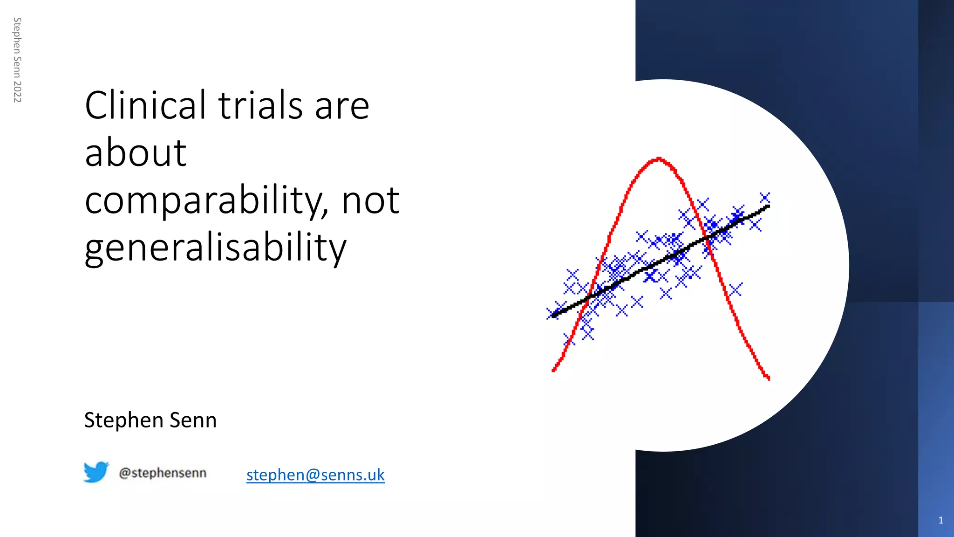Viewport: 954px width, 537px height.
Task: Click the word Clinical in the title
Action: pyautogui.click(x=145, y=105)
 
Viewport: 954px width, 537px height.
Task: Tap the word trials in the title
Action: pyautogui.click(x=261, y=105)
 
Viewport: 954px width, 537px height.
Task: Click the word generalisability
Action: pyautogui.click(x=215, y=248)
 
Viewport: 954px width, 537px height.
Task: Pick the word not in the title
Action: pyautogui.click(x=370, y=200)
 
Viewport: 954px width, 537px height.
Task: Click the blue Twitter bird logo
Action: pyautogui.click(x=96, y=472)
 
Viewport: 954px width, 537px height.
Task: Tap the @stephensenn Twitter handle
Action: pyautogui.click(x=163, y=473)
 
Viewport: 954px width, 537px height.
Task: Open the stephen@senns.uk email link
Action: pyautogui.click(x=315, y=475)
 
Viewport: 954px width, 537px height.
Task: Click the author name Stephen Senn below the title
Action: pyautogui.click(x=150, y=420)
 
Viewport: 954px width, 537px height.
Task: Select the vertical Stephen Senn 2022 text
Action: pyautogui.click(x=17, y=60)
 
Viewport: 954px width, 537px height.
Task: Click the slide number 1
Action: pyautogui.click(x=940, y=520)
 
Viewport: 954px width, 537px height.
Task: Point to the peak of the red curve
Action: pyautogui.click(x=658, y=159)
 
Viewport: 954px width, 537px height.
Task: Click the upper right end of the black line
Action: pyautogui.click(x=768, y=207)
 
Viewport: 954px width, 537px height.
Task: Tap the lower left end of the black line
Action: pyautogui.click(x=553, y=316)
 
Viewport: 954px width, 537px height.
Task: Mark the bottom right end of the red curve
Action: pyautogui.click(x=768, y=379)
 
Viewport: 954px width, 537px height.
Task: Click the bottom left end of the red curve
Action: pyautogui.click(x=553, y=371)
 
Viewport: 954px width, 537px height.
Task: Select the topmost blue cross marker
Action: pyautogui.click(x=764, y=198)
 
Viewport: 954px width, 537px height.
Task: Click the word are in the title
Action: pyautogui.click(x=342, y=105)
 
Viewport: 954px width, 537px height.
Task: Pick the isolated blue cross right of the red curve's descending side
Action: pyautogui.click(x=736, y=290)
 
